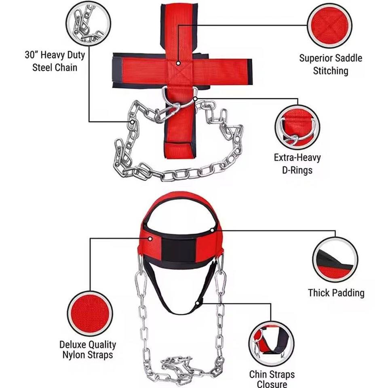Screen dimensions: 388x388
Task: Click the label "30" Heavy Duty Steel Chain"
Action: tap(55, 61)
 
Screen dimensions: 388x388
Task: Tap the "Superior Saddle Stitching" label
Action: tap(330, 64)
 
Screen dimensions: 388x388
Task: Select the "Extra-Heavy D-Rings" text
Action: tap(297, 163)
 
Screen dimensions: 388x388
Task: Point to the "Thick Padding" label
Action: tap(336, 293)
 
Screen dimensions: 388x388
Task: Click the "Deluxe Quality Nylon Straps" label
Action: tap(88, 350)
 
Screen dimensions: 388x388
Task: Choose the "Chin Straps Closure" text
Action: tap(272, 380)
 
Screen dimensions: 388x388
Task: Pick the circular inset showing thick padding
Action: tap(335, 259)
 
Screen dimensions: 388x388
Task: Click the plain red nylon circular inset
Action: tap(90, 313)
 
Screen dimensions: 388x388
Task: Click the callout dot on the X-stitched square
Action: tap(178, 63)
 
